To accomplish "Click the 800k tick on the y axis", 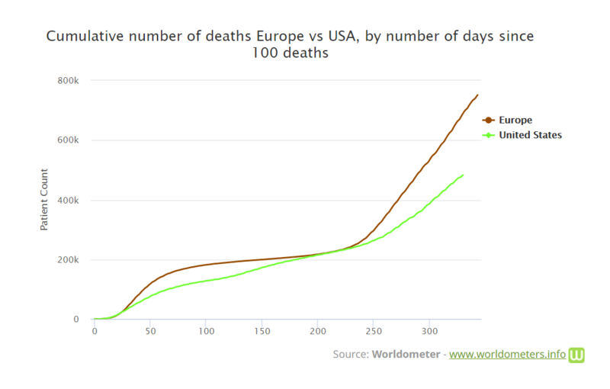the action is point(68,81).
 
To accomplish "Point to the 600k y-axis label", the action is point(68,140).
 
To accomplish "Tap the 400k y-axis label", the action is point(68,201).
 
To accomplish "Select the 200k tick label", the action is point(68,260).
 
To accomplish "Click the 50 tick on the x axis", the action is point(150,331).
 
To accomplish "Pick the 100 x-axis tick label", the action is point(206,331).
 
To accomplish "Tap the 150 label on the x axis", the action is point(262,331).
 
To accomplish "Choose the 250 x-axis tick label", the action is point(374,331).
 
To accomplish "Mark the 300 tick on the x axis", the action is point(429,331).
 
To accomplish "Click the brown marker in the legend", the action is point(488,121).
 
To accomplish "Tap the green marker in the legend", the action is point(488,135).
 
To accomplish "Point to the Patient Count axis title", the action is point(44,200).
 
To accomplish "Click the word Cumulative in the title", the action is point(85,36).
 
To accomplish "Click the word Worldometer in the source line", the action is point(406,355).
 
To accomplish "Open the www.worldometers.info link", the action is point(507,355).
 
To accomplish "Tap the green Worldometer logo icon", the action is point(576,355).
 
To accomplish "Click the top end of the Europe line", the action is point(478,95).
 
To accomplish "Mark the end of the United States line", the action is point(463,175).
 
